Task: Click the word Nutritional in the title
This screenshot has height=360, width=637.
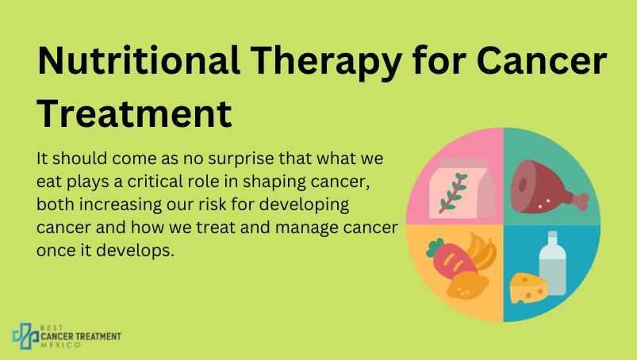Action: click(139, 61)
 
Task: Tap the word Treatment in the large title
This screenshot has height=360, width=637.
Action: click(135, 113)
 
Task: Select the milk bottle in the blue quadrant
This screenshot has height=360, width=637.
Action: click(552, 263)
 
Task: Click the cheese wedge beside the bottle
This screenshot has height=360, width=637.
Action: click(528, 288)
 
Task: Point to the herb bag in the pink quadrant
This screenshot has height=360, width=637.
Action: click(462, 188)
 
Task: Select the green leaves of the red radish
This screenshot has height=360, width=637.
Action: click(435, 247)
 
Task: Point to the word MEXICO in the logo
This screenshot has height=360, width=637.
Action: click(61, 345)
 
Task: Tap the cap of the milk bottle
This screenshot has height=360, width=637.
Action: click(552, 234)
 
